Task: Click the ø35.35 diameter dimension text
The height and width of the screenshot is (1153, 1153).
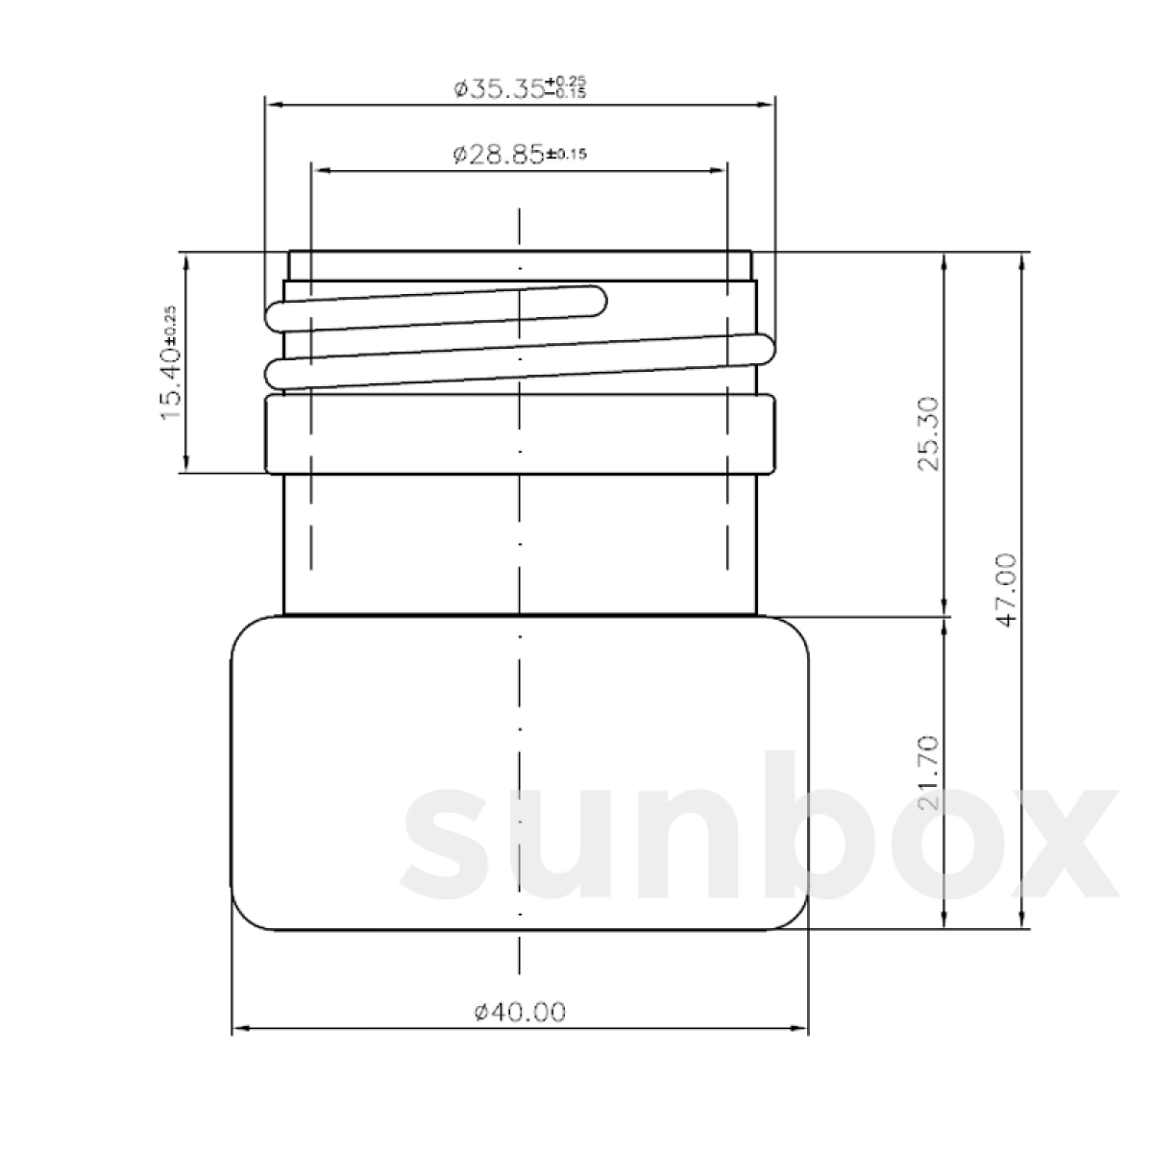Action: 500,89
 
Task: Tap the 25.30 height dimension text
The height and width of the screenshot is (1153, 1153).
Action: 928,432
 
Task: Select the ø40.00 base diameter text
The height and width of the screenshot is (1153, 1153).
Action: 520,1011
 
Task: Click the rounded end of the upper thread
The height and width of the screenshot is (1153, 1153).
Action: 597,300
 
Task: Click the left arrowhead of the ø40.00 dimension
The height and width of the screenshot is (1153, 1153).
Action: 240,1029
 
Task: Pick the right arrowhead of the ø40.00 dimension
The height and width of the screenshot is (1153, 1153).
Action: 799,1029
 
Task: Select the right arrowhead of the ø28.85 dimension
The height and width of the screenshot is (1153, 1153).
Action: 719,170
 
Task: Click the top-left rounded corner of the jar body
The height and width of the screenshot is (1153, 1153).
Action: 245,634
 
